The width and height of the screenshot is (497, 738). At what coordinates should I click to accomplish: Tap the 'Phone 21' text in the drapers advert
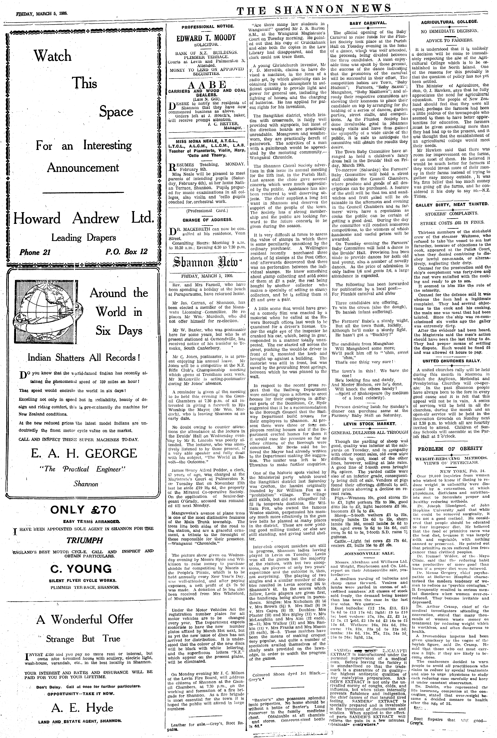point(35,252)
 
